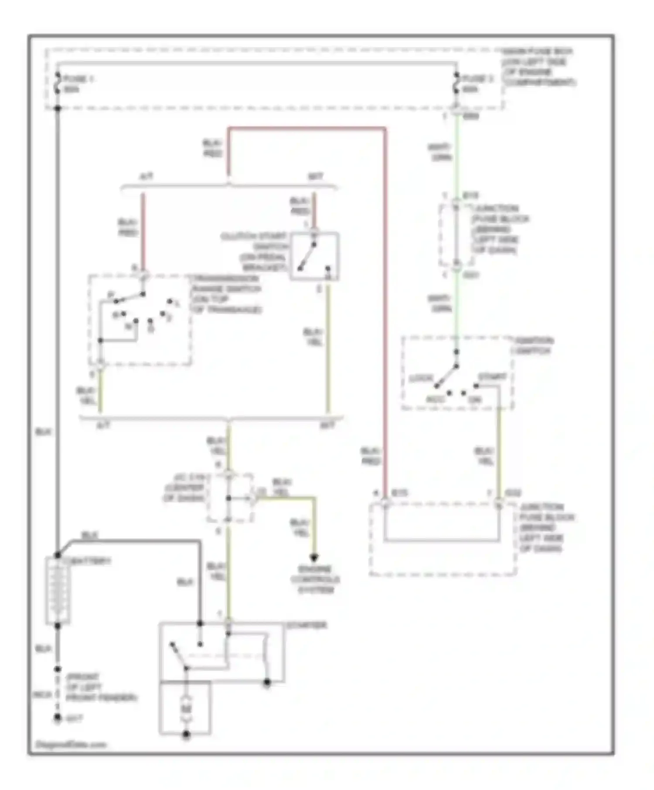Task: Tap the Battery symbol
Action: [x=58, y=590]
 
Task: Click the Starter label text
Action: [x=306, y=625]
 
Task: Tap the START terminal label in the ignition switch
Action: [x=492, y=376]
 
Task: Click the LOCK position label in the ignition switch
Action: [x=420, y=378]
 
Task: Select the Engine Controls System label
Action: [x=315, y=580]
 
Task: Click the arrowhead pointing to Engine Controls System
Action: [x=314, y=557]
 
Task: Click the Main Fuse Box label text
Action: [x=539, y=67]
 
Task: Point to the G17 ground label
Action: [x=74, y=719]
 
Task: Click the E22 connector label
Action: [x=513, y=493]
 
